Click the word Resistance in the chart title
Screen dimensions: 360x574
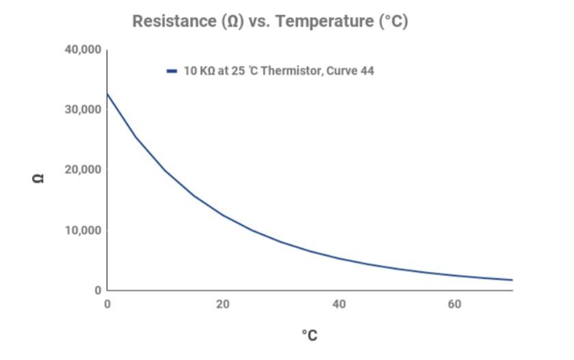point(174,21)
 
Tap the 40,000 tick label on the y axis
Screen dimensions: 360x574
point(83,50)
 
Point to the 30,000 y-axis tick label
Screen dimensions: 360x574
point(83,110)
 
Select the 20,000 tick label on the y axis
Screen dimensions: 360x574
point(83,170)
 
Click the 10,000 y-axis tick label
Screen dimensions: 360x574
point(83,230)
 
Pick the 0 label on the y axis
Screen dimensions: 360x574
point(98,290)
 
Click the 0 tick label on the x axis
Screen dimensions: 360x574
point(107,304)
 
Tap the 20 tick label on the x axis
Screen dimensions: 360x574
point(223,304)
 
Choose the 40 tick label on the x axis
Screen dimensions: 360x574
point(339,304)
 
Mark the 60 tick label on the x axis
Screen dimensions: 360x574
point(455,304)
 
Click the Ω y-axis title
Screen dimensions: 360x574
point(39,178)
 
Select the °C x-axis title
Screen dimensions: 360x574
point(310,335)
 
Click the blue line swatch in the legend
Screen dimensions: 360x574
point(172,71)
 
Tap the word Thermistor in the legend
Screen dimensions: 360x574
point(291,71)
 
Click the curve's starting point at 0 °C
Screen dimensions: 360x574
point(107,94)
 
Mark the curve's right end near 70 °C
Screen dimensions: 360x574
point(512,280)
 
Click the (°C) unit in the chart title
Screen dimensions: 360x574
point(393,21)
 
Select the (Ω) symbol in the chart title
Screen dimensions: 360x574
point(232,21)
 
